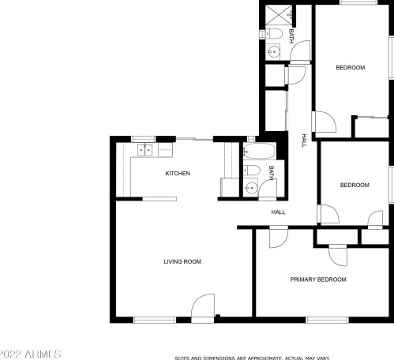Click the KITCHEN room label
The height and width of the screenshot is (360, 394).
178,174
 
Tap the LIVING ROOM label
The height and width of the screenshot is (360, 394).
182,261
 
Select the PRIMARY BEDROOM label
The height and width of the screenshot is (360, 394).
318,279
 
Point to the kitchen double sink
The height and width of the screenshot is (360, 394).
144,150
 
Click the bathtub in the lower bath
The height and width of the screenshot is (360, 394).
259,151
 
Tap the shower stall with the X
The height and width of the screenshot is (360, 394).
279,15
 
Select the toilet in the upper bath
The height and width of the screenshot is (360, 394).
274,34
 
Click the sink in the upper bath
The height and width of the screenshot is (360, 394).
273,51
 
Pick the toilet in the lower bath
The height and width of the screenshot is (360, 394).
252,170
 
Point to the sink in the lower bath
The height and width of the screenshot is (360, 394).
250,188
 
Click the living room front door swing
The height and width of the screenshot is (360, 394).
203,308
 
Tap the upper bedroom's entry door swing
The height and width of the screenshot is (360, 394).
325,122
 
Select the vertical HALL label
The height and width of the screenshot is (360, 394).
304,141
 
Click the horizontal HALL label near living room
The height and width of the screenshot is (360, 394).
278,212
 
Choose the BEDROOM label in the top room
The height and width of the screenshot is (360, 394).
351,68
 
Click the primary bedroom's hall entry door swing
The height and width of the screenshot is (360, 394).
279,237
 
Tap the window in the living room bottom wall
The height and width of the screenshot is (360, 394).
155,320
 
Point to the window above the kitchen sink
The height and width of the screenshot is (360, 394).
144,139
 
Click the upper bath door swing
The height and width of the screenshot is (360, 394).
300,51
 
